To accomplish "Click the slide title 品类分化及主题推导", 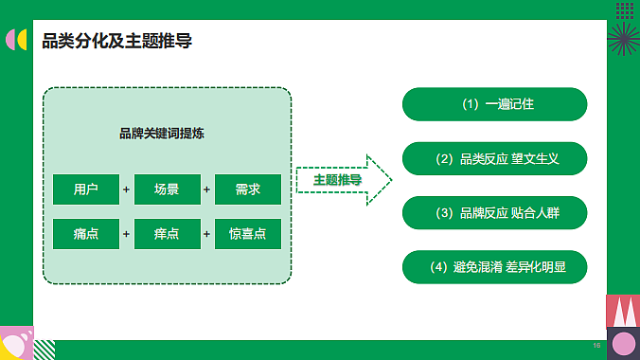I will tap(118, 42).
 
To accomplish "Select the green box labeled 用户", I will tap(86, 189).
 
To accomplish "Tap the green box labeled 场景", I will tap(167, 189).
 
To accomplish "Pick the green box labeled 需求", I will tap(248, 189).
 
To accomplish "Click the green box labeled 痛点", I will tap(86, 233).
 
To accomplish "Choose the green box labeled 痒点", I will tap(167, 233).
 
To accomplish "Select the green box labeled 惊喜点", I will tap(248, 233).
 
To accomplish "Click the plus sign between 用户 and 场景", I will tap(126, 189).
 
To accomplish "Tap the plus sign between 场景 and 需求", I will tap(207, 189).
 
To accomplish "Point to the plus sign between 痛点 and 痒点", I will tap(126, 233).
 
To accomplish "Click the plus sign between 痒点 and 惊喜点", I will tap(207, 233).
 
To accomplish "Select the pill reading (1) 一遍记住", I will tap(495, 104).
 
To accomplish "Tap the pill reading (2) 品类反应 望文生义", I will tap(495, 159).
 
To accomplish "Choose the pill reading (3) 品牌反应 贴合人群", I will tap(495, 213).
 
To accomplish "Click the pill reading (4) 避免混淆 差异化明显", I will tap(495, 267).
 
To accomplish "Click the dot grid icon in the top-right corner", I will tap(624, 10).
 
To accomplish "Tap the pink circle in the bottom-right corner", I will tap(624, 344).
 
